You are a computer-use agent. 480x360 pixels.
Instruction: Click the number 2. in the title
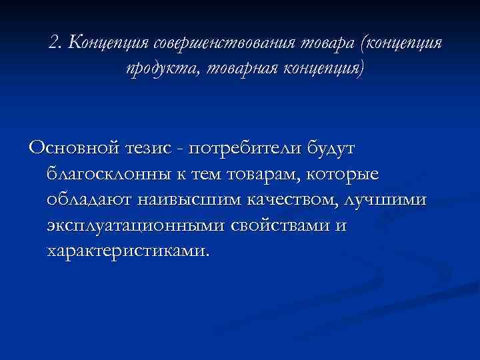click(x=55, y=44)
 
